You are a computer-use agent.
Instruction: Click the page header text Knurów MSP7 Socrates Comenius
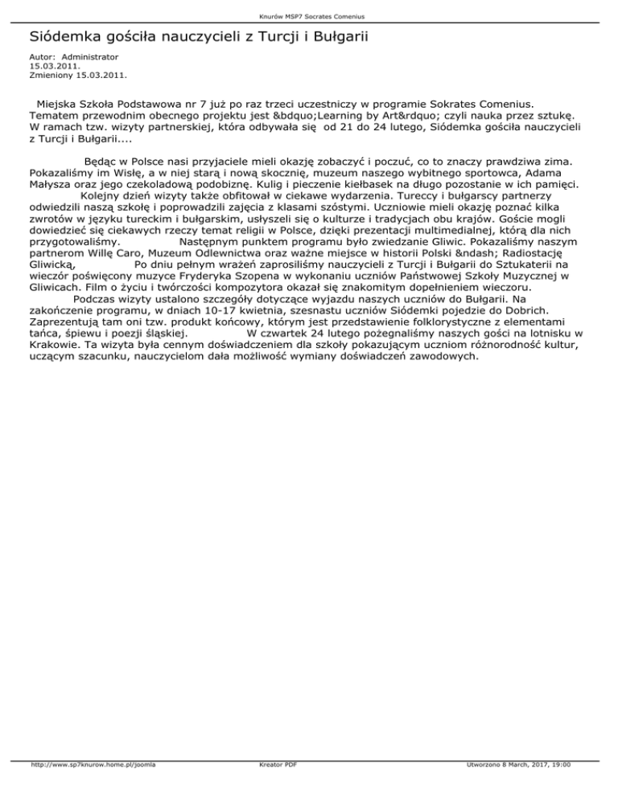[x=308, y=15]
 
